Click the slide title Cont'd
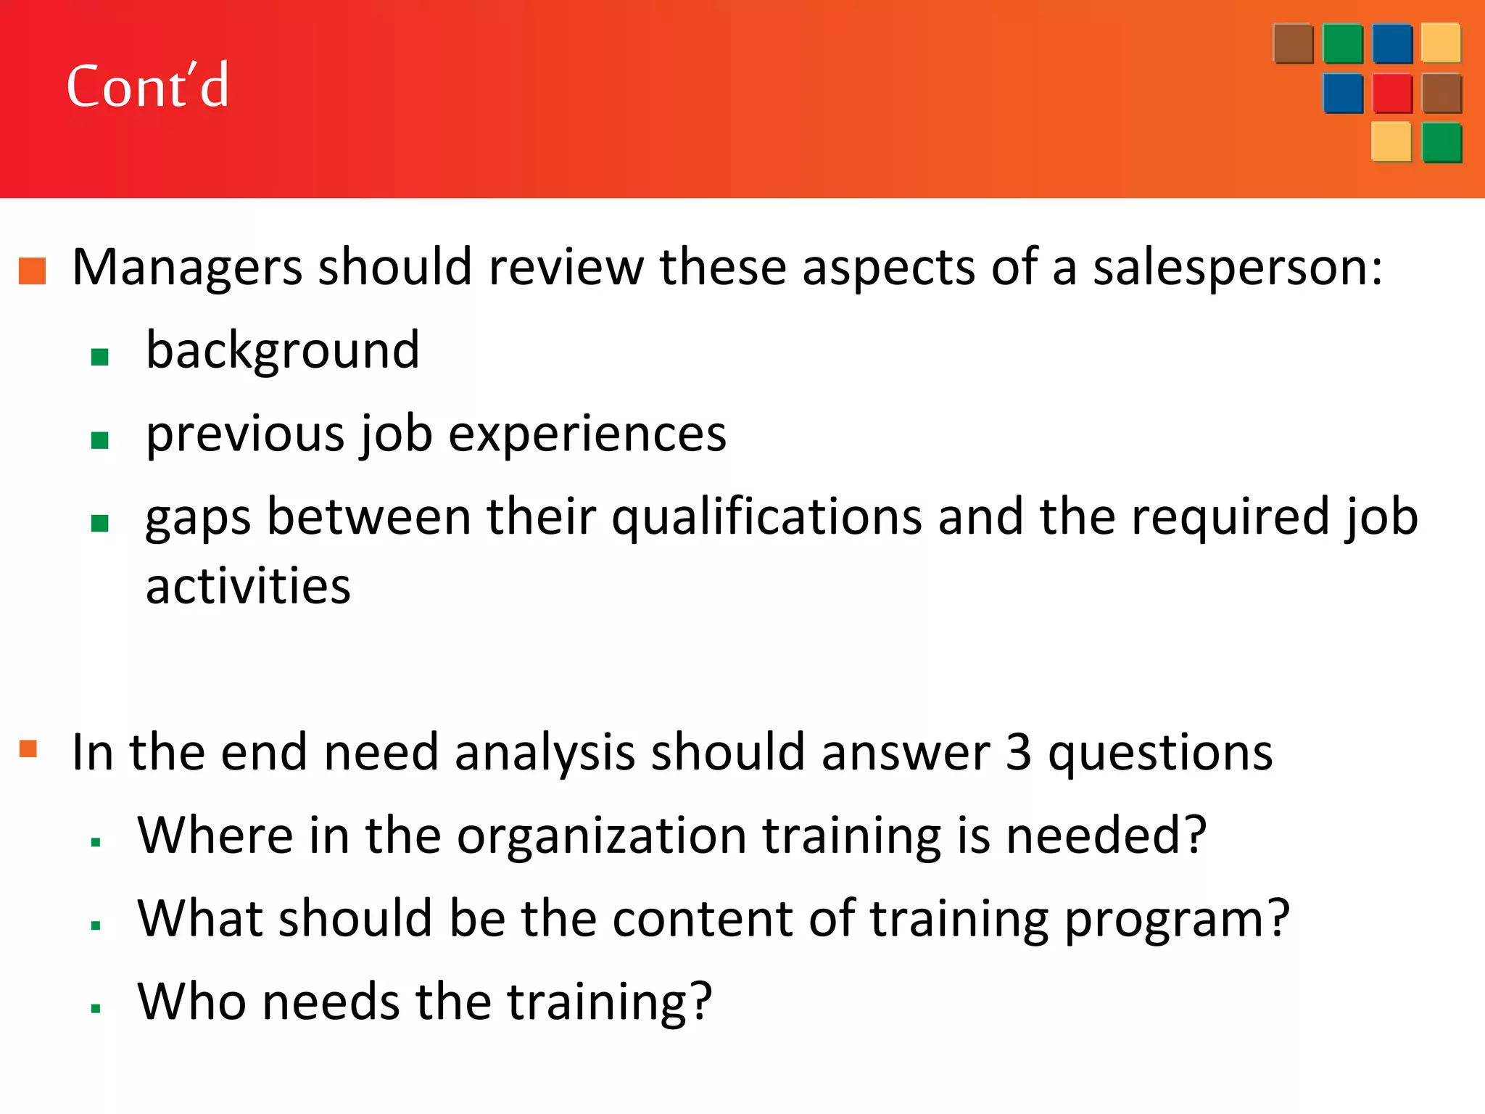148,86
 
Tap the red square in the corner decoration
1392,93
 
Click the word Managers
187,268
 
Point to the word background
283,350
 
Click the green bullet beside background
100,357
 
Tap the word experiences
587,434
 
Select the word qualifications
766,518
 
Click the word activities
248,586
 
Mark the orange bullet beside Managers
33,271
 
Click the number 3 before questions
1018,752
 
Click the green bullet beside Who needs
96,1008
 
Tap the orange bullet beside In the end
28,748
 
